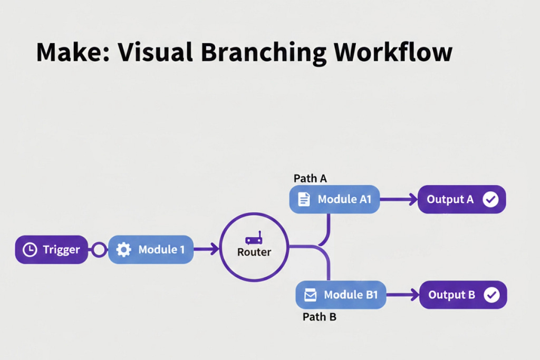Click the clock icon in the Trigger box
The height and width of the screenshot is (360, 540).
point(30,250)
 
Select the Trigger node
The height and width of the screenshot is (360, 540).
point(52,250)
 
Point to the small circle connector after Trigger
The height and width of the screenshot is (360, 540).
point(99,250)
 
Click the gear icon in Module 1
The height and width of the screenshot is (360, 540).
point(123,250)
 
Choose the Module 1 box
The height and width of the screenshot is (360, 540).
point(151,250)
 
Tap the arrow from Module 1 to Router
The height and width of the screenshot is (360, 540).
point(207,250)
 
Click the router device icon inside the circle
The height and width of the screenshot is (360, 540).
point(254,240)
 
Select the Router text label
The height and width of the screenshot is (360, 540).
point(254,252)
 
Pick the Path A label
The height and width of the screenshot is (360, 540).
point(310,179)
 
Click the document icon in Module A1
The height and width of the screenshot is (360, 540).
point(304,199)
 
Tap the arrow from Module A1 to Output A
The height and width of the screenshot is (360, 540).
point(399,199)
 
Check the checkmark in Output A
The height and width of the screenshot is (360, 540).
point(490,199)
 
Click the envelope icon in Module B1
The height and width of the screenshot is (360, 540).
point(311,295)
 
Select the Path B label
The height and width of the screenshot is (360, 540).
point(320,317)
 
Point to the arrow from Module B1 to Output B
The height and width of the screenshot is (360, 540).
point(402,295)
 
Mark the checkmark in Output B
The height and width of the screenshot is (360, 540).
point(491,295)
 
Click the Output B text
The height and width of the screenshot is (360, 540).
point(452,295)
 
